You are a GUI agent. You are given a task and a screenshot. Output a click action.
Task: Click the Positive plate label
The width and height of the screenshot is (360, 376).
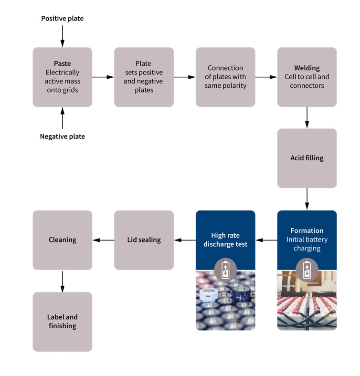62,19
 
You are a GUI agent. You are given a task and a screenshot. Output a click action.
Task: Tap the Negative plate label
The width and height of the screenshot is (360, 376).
62,136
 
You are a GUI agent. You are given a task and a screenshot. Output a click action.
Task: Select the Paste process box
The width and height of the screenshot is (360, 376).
62,77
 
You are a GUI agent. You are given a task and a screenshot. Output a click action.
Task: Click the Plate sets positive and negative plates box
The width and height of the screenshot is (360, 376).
144,77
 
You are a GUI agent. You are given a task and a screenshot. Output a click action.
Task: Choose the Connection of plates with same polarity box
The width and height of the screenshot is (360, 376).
225,77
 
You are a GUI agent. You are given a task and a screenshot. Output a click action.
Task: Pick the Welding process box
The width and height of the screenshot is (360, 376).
307,77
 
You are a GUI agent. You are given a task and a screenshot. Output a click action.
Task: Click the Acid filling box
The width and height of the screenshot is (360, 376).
307,158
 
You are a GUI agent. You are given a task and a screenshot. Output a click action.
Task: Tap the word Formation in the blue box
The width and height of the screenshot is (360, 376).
307,230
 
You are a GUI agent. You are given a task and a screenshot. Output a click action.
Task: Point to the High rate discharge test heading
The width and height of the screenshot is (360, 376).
225,240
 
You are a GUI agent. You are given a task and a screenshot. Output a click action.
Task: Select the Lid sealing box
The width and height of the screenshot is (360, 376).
144,240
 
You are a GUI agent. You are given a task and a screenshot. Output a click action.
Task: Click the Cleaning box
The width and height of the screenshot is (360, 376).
62,240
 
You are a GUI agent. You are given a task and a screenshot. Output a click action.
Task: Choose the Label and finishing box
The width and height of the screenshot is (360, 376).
62,322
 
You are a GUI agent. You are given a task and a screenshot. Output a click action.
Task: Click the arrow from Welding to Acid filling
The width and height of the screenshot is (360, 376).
307,117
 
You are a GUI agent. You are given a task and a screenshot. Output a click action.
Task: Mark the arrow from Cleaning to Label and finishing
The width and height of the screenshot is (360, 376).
62,281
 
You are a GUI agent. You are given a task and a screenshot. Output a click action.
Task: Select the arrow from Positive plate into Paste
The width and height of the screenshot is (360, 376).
62,36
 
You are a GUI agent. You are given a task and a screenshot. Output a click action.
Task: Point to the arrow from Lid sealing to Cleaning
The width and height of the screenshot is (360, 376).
103,240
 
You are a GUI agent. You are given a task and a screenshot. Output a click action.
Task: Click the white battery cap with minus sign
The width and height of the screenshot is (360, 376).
209,296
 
